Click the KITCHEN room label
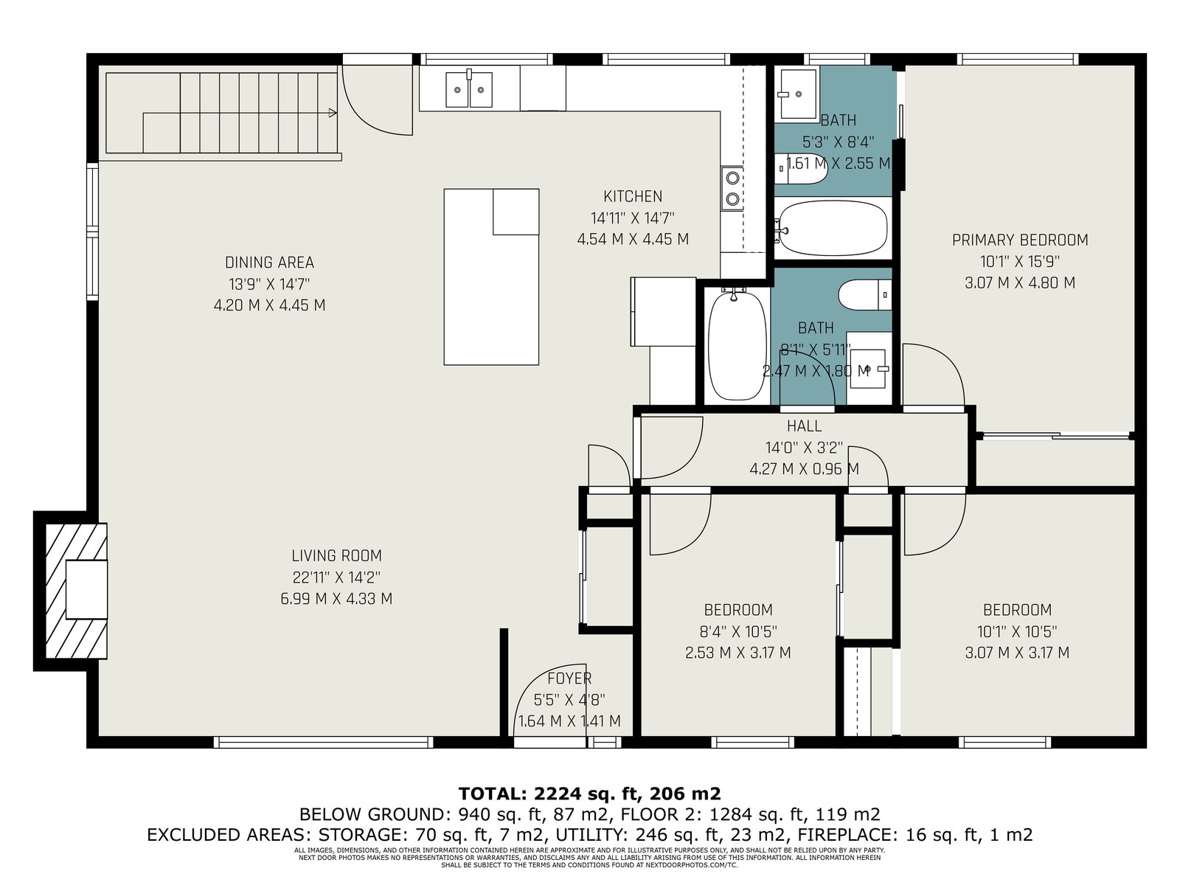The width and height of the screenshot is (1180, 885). (x=632, y=196)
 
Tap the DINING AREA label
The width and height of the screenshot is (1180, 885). (x=269, y=263)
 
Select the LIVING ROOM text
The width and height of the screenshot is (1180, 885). (x=336, y=555)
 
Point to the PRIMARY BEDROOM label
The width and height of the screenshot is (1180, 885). (x=1020, y=240)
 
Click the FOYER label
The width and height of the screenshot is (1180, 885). (x=569, y=678)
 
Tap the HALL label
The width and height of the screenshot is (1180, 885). (x=804, y=426)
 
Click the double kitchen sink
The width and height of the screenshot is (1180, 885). (x=469, y=89)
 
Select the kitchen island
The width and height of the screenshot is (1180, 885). (x=491, y=277)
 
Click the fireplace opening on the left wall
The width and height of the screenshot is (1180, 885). (x=86, y=589)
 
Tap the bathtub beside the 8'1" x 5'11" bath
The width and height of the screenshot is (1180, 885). (x=737, y=344)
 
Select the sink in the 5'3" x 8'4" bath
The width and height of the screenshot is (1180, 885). (x=796, y=94)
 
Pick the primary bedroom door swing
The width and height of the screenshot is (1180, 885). (x=934, y=375)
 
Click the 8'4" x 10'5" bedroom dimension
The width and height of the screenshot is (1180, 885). (x=738, y=631)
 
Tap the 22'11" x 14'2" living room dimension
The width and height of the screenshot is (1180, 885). (x=336, y=577)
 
